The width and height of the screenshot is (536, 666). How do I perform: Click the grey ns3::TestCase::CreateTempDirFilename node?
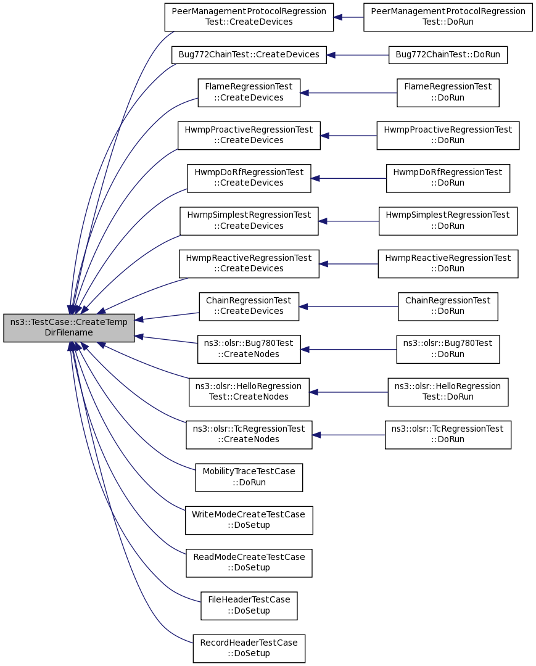69,327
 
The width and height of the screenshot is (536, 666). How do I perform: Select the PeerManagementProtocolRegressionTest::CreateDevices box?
249,17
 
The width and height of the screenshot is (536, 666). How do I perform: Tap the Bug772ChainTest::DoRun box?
448,55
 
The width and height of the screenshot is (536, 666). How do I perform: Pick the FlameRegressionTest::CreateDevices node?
249,92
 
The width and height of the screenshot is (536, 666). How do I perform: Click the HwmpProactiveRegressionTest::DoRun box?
448,136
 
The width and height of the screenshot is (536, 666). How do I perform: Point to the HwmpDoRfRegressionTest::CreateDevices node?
249,178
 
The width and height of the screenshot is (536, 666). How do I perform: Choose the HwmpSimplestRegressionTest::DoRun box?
448,221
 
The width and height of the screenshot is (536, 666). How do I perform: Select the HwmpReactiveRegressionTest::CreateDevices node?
249,264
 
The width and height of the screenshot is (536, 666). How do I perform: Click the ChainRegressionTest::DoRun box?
448,306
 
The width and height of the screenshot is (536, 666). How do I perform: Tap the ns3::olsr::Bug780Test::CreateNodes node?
249,349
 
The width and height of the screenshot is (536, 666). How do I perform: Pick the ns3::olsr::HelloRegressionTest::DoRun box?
448,392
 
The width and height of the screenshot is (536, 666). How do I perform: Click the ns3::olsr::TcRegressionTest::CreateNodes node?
249,435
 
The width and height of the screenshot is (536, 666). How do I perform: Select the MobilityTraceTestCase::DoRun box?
249,477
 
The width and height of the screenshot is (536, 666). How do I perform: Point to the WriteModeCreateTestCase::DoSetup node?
249,520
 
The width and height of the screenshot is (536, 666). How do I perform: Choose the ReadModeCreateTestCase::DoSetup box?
249,563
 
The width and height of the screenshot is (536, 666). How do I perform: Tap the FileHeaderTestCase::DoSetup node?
249,606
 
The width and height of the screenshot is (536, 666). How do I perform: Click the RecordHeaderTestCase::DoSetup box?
249,649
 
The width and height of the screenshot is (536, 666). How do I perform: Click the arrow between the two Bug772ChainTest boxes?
358,55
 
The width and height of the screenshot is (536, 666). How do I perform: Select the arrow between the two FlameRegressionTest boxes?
348,92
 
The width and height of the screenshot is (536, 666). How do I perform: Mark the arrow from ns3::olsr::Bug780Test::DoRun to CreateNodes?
348,349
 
